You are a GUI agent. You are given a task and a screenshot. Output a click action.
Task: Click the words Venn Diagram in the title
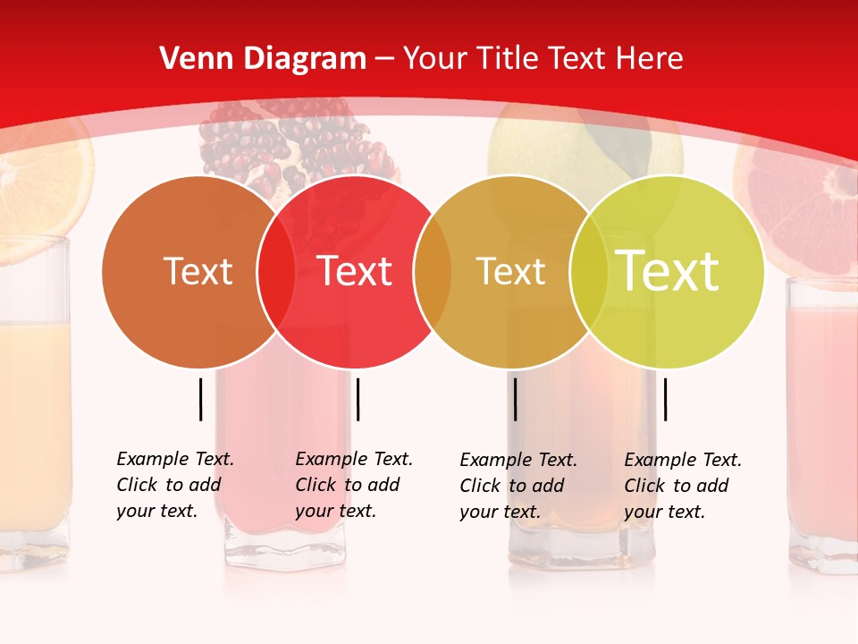263,59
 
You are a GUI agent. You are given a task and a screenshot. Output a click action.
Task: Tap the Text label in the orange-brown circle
198,271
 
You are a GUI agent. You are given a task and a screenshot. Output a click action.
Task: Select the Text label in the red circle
354,271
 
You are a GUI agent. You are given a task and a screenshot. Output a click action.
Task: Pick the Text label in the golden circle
510,271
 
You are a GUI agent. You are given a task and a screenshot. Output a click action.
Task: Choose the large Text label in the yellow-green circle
667,271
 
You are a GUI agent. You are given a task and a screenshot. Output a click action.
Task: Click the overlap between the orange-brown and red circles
276,271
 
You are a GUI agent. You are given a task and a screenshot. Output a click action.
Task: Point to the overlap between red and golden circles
433,271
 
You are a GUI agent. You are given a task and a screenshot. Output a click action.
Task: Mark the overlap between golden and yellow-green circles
588,271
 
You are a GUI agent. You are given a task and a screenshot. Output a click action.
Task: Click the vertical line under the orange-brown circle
201,399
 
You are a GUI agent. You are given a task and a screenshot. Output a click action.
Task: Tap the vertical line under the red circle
357,399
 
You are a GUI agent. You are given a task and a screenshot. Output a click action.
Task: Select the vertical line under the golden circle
516,399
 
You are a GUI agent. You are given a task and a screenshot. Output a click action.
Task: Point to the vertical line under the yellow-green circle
665,399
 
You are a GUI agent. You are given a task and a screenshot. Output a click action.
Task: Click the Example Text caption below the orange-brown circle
175,485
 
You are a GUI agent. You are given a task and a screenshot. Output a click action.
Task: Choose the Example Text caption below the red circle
354,485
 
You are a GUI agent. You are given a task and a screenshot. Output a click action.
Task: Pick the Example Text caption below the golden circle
518,486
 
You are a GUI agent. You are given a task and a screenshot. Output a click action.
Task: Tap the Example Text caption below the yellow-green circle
683,486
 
